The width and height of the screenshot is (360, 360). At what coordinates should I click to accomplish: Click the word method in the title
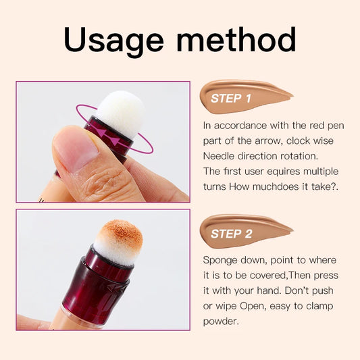coord(236,40)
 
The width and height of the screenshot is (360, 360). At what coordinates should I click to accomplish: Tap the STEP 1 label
coord(231,99)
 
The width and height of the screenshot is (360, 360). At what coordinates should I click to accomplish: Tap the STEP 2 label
coord(231,234)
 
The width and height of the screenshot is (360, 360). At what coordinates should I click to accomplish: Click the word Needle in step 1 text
coord(220,155)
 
